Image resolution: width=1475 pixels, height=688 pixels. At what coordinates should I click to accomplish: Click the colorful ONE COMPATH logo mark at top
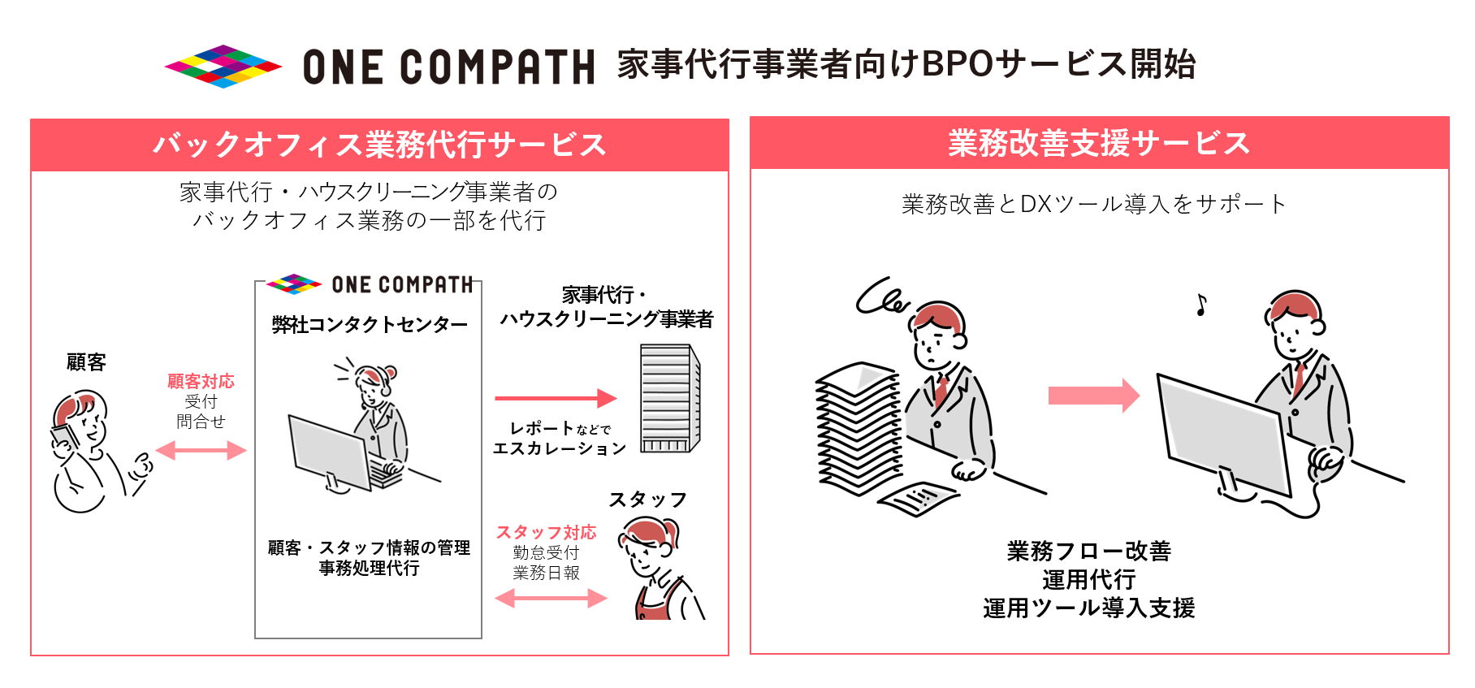(x=223, y=66)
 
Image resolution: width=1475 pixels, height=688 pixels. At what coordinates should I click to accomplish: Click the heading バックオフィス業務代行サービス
(x=379, y=145)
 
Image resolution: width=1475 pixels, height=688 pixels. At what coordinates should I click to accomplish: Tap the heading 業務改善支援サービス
(x=1098, y=143)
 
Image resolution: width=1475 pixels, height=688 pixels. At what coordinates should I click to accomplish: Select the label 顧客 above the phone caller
(x=86, y=362)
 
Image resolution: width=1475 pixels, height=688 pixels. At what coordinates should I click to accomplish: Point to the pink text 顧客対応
(x=201, y=381)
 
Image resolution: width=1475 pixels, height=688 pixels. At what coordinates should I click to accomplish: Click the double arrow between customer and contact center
(x=201, y=450)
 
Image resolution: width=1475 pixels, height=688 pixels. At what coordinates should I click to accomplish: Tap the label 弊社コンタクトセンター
(x=370, y=325)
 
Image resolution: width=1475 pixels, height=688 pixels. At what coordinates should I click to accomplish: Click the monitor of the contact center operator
(x=330, y=450)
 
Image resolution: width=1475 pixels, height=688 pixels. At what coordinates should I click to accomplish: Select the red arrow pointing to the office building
(x=556, y=398)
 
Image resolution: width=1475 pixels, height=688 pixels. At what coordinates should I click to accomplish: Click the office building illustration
(x=669, y=398)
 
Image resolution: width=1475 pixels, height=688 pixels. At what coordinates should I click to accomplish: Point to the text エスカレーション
(x=560, y=448)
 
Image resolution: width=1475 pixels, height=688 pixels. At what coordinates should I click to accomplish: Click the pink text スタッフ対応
(x=546, y=532)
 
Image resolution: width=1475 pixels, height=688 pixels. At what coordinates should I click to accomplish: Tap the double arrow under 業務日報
(x=551, y=599)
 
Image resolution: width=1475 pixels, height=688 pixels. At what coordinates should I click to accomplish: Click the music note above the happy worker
(x=1201, y=305)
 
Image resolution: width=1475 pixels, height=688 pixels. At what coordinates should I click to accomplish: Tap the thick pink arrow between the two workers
(x=1093, y=396)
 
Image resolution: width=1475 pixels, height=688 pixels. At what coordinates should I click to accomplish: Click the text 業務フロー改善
(x=1088, y=552)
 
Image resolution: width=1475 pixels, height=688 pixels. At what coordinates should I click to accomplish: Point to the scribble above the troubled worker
(x=883, y=296)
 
